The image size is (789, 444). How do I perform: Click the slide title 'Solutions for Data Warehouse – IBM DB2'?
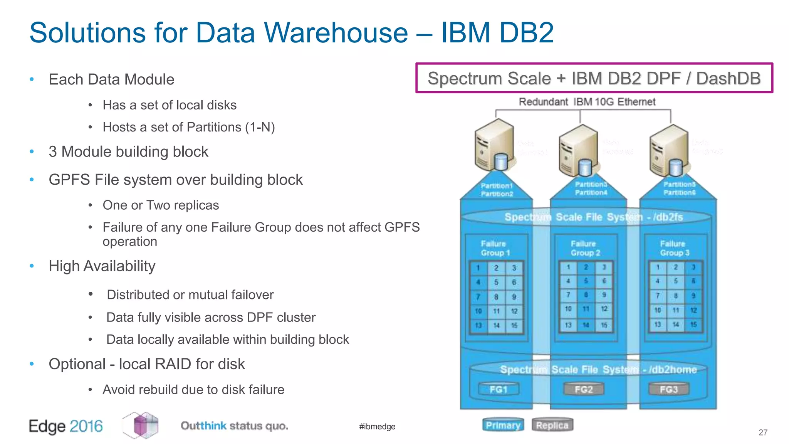pos(291,32)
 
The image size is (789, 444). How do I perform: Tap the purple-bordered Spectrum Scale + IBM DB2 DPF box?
pos(594,78)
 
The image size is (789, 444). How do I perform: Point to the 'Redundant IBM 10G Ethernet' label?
pos(587,102)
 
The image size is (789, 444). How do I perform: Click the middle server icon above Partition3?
pos(578,150)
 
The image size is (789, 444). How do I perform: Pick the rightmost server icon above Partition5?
pos(669,150)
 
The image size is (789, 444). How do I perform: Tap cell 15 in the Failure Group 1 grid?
pos(514,325)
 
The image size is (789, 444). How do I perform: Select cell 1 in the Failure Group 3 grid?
pos(658,267)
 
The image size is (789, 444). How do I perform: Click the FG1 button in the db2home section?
pos(498,389)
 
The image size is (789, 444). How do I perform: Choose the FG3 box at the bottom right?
pos(668,389)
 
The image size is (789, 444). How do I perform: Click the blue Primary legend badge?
pos(503,425)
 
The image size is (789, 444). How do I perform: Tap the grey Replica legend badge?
pos(552,425)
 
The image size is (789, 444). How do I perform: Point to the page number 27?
pos(763,432)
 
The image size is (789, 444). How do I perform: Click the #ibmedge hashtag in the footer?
pos(377,426)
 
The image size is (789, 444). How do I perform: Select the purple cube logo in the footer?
pos(141,425)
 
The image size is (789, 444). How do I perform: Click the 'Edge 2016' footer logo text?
pos(66,426)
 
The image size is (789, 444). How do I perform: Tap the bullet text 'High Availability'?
pos(102,266)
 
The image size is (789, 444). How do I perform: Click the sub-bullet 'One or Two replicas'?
pos(161,205)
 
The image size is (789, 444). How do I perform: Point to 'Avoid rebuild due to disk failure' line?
pos(193,389)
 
